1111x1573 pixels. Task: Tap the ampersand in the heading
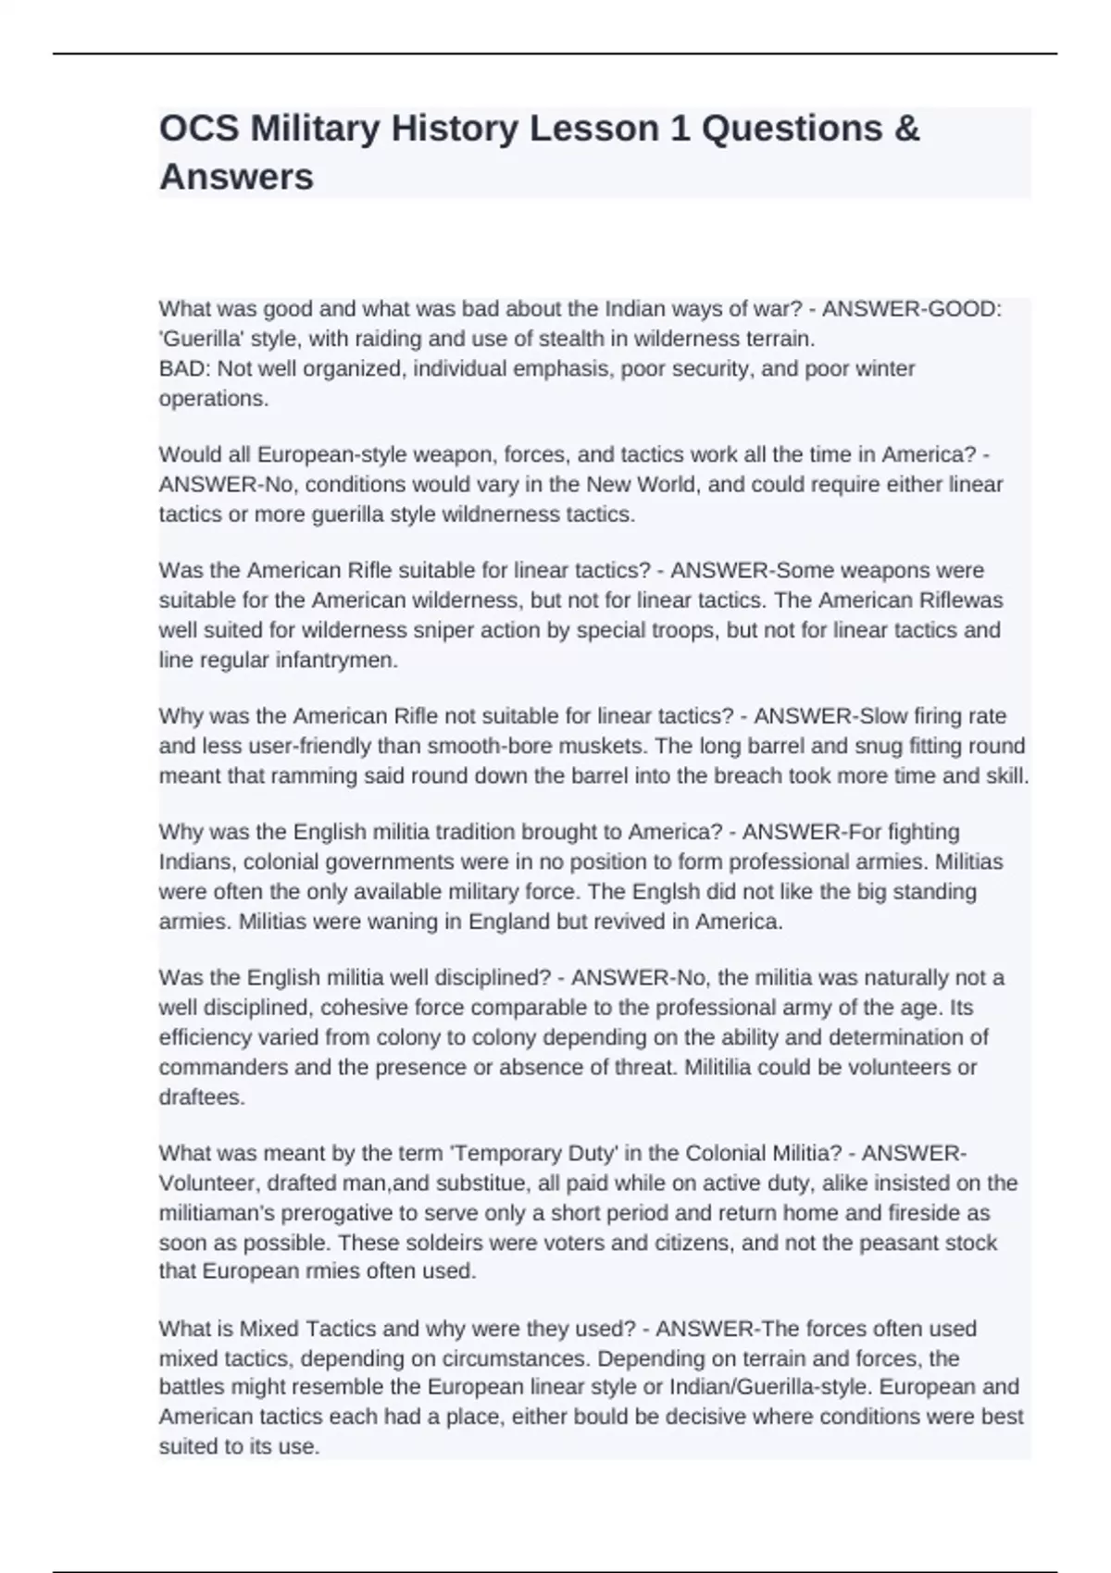coord(907,129)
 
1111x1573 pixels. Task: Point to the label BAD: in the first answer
coord(185,368)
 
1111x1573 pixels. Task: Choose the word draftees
coord(201,1097)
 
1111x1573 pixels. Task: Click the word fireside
coord(920,1212)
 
